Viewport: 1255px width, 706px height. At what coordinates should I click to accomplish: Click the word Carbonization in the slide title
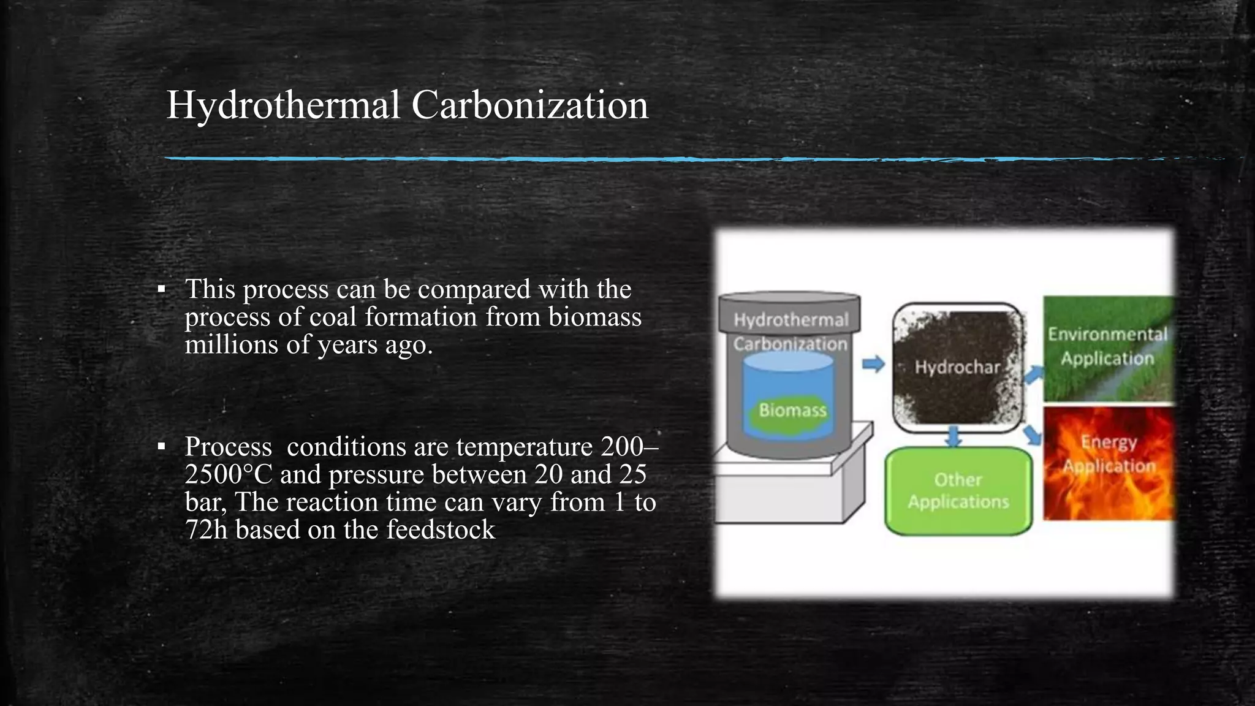(529, 105)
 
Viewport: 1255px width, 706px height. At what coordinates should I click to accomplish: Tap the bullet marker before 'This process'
(161, 289)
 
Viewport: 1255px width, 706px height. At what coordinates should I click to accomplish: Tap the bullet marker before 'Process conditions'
(161, 446)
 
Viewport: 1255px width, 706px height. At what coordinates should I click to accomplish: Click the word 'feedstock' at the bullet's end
(440, 530)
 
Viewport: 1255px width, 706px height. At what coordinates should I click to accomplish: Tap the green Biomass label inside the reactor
(792, 410)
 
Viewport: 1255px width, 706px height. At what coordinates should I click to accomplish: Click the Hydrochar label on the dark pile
(957, 367)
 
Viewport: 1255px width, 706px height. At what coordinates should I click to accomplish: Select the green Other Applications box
(958, 491)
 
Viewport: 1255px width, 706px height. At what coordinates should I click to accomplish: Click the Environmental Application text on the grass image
(1108, 346)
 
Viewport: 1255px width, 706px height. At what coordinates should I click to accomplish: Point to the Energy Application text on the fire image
(1109, 454)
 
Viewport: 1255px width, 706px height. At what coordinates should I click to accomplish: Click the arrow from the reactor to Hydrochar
(873, 364)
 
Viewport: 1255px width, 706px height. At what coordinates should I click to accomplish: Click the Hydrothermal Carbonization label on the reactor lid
(791, 332)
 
